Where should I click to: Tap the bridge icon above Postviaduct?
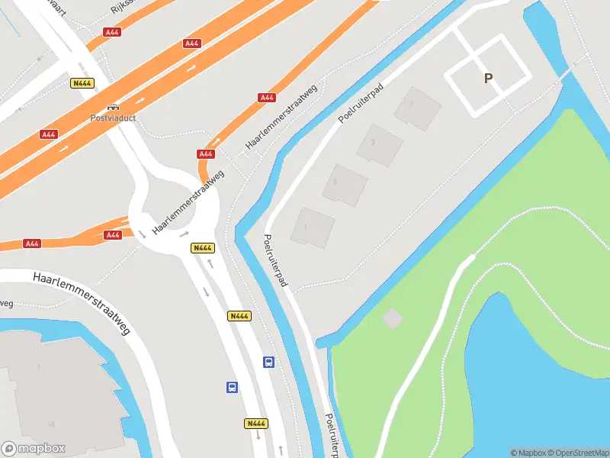(x=112, y=108)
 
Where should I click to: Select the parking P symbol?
(x=488, y=79)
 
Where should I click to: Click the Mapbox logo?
(x=34, y=449)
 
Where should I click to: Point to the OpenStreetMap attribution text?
(x=576, y=453)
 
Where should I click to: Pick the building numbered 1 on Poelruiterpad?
(x=313, y=227)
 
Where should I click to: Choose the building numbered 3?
(x=345, y=185)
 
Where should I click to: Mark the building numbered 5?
(x=379, y=144)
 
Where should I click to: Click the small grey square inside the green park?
(x=392, y=318)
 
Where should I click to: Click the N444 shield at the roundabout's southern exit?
(x=202, y=247)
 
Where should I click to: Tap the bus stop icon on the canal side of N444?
(x=268, y=362)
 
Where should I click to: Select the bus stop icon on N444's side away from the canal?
(x=232, y=387)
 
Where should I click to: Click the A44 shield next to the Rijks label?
(x=113, y=32)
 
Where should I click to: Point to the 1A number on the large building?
(x=52, y=424)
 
